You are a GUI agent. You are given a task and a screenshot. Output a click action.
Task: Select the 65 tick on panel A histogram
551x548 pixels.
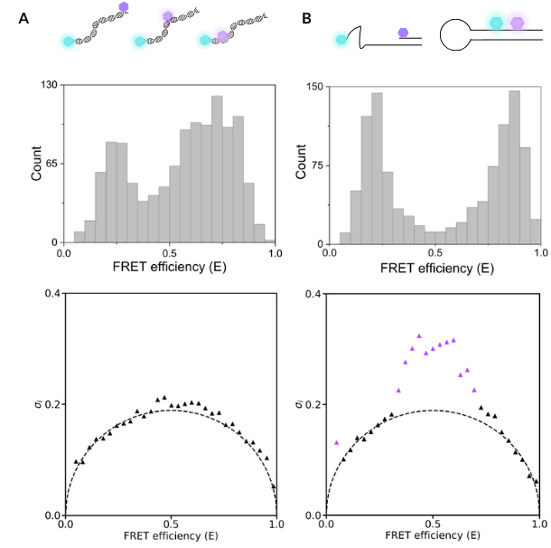(x=50, y=164)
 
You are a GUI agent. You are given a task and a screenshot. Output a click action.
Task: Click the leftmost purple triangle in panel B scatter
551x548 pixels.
(x=337, y=442)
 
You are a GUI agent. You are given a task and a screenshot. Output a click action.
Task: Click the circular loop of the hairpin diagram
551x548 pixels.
(x=459, y=35)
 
